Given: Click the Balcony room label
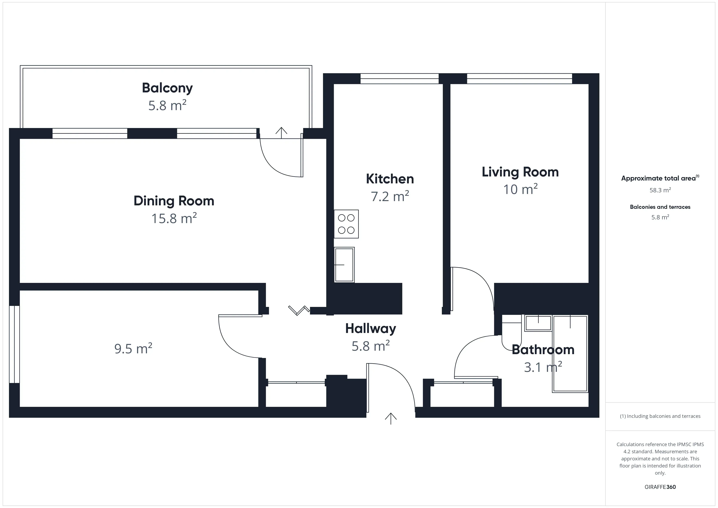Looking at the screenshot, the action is click(167, 88).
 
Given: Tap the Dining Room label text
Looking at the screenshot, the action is click(174, 201).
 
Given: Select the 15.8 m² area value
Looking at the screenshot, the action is click(174, 218).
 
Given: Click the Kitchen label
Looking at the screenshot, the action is click(390, 179).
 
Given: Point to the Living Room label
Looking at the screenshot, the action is click(520, 172).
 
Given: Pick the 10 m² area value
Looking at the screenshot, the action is click(520, 189).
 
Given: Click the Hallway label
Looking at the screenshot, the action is click(371, 328).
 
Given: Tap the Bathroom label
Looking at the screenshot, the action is click(543, 350).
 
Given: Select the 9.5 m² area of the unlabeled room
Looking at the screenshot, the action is click(133, 348).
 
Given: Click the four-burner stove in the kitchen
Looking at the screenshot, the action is click(346, 224).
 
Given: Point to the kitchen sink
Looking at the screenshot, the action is click(344, 265).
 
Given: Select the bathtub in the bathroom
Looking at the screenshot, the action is click(570, 354).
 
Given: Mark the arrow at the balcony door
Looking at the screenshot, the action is click(281, 133).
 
